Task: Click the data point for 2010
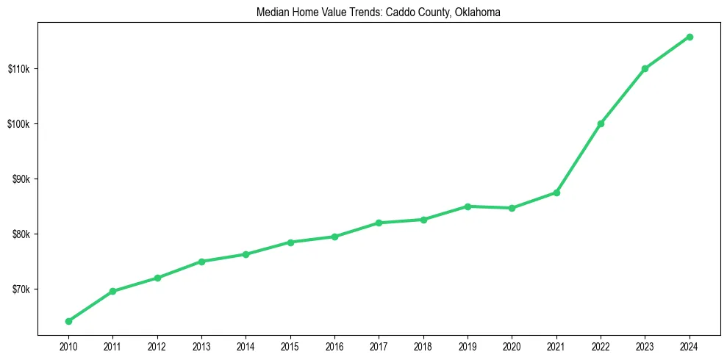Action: click(x=68, y=321)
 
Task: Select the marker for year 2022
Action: click(x=601, y=123)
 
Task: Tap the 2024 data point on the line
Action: click(x=690, y=37)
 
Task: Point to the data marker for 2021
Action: click(x=556, y=192)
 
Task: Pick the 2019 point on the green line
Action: click(x=468, y=206)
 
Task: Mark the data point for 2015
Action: click(x=290, y=242)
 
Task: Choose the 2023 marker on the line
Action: click(x=645, y=68)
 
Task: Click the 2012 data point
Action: click(x=157, y=278)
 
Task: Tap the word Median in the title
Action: click(x=272, y=12)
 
